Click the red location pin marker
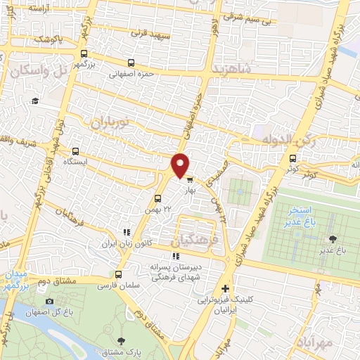pyautogui.click(x=181, y=165)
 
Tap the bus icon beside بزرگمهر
pyautogui.click(x=84, y=53)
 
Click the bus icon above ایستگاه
pyautogui.click(x=75, y=150)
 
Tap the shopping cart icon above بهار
pyautogui.click(x=189, y=179)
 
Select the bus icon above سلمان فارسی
pyautogui.click(x=117, y=275)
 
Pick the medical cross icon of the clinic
pyautogui.click(x=225, y=288)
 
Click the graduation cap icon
pyautogui.click(x=34, y=102)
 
